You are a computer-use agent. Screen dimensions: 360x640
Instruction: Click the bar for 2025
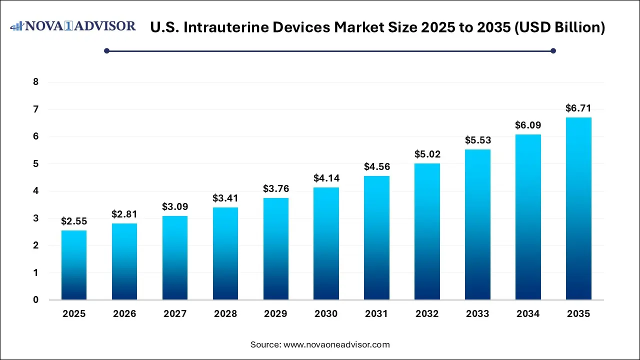tap(74, 265)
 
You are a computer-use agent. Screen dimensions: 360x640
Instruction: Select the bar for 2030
tap(326, 243)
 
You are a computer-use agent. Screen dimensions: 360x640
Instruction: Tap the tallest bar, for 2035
tap(578, 208)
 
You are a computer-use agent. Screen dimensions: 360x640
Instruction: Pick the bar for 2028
tap(225, 253)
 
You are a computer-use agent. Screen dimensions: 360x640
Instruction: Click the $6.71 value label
tap(578, 108)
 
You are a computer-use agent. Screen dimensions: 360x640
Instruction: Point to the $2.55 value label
tap(74, 221)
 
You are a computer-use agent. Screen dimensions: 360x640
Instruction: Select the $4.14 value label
tap(326, 178)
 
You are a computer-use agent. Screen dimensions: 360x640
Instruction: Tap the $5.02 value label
tap(427, 154)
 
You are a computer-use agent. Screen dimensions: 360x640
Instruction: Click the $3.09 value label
tap(174, 206)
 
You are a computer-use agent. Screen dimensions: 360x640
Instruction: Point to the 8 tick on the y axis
tap(35, 82)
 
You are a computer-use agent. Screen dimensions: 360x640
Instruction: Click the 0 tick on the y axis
tap(35, 300)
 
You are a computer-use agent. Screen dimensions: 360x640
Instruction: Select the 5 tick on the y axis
tap(35, 164)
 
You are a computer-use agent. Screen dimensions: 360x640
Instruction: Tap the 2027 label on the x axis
tap(174, 314)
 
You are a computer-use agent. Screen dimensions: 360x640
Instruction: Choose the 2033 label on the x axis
tap(477, 314)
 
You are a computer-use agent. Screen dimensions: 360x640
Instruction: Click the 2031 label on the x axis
tap(376, 314)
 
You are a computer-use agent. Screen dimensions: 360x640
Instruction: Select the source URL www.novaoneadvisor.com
tap(336, 344)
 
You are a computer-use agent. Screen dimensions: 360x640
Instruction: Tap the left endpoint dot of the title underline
tap(106, 50)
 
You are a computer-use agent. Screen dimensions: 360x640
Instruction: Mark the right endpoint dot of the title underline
tap(553, 50)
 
